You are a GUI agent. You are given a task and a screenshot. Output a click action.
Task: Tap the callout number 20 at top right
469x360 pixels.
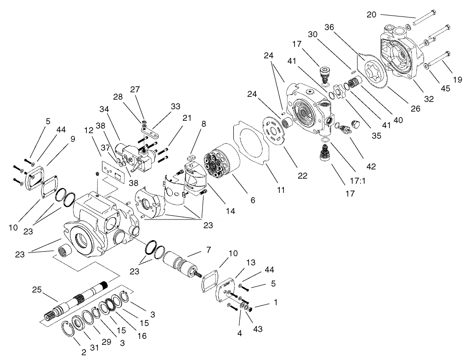coord(372,15)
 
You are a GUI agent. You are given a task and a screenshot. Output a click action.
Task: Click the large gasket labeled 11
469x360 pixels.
coord(251,143)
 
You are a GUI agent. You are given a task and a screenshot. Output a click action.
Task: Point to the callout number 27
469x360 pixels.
coord(135,89)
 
